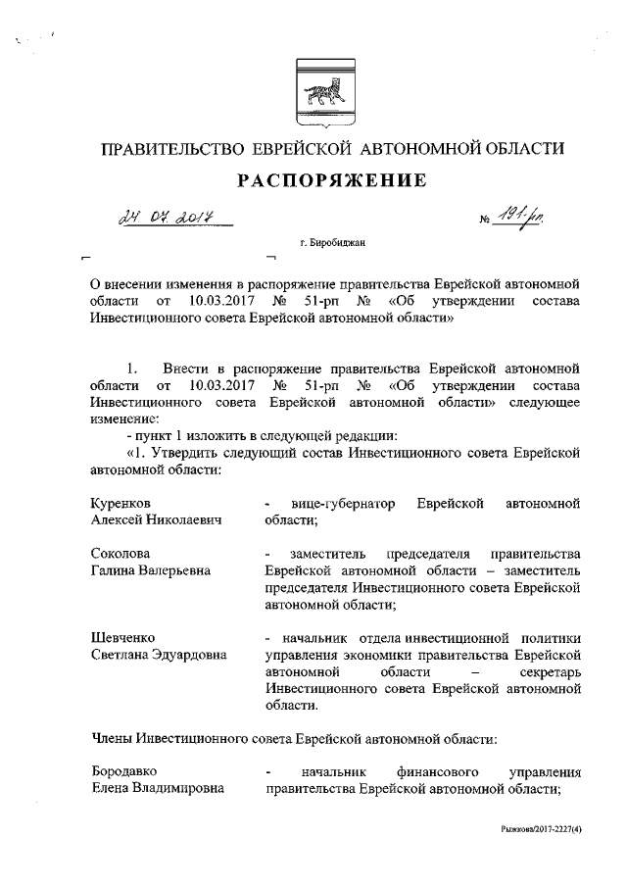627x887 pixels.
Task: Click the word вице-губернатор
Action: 336,504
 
